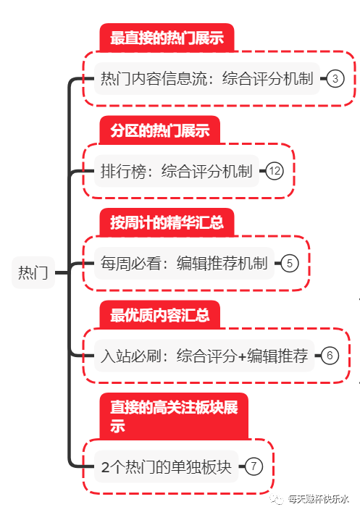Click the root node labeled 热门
tap(33, 273)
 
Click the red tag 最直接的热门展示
tap(167, 38)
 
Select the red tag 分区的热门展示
tap(159, 130)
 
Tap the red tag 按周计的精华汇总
tap(167, 222)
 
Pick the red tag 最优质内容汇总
tap(159, 315)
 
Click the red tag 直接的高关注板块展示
tap(174, 416)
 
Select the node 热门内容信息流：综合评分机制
tap(206, 79)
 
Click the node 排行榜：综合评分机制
tap(176, 172)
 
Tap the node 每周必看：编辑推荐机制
tap(184, 263)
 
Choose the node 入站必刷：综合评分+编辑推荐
tap(204, 356)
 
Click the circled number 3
tap(335, 79)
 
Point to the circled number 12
tap(274, 172)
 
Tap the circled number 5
tap(288, 263)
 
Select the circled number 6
tap(329, 356)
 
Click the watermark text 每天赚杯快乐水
tap(318, 498)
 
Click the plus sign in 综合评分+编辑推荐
tap(242, 356)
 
